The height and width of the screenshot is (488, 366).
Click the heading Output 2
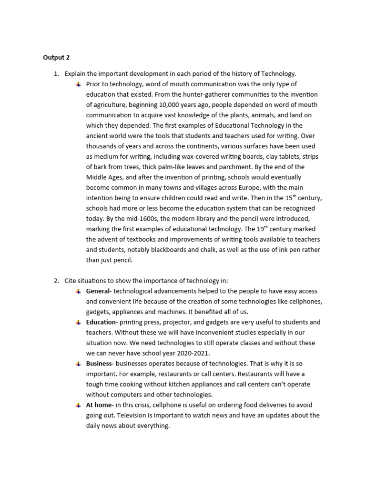[56, 58]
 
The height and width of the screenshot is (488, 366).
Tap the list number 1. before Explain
[56, 73]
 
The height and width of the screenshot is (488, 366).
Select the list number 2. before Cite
[56, 281]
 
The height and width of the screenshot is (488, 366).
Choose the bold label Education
[101, 322]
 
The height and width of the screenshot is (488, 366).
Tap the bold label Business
[99, 364]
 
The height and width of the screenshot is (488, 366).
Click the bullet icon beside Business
[78, 364]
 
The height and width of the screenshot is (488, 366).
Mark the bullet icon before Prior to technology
[78, 84]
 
